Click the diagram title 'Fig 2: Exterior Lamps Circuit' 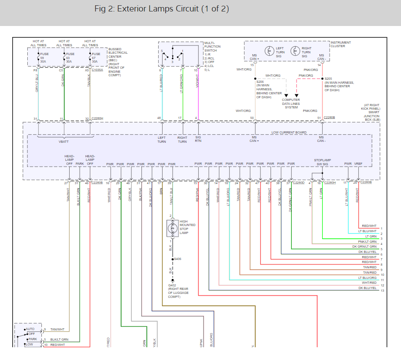(161, 9)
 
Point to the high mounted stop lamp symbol (171, 228)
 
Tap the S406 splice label (178, 259)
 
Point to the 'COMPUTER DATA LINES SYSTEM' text (291, 104)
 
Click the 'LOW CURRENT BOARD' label (288, 132)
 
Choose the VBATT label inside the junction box (64, 142)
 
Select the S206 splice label (260, 82)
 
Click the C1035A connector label (98, 70)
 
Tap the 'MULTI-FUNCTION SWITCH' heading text (212, 46)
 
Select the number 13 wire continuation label (382, 290)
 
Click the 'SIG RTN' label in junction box (198, 139)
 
